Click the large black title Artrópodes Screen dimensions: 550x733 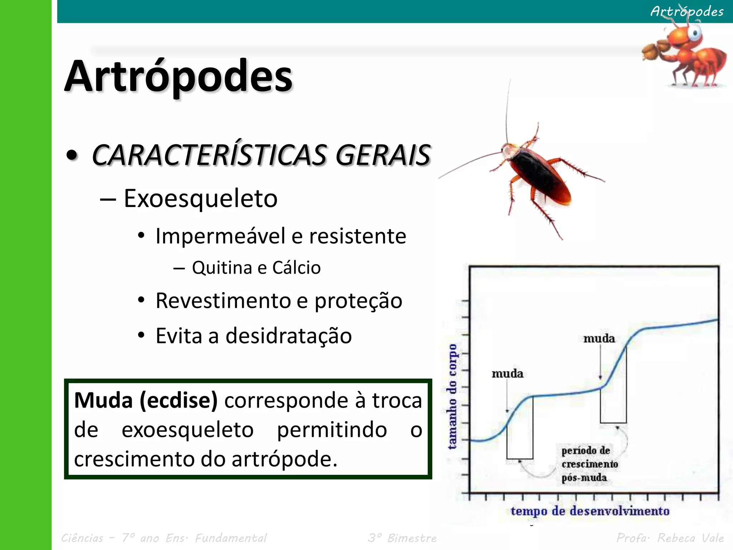[x=178, y=76]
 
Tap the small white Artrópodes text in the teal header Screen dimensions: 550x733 [x=687, y=11]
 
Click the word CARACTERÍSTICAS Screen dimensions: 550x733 [x=210, y=155]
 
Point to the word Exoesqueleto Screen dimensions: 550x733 [x=200, y=198]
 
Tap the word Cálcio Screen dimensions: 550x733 [x=296, y=267]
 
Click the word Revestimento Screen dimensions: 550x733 [x=223, y=300]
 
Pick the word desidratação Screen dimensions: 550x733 [x=288, y=336]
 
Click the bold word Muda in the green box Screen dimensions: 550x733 [x=103, y=400]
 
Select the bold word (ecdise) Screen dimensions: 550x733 [x=178, y=400]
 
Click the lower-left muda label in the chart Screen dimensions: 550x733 [x=507, y=374]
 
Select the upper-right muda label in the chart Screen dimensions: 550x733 [x=599, y=338]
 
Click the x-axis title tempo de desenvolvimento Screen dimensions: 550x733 [x=590, y=511]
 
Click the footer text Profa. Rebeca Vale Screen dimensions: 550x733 [x=670, y=538]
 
